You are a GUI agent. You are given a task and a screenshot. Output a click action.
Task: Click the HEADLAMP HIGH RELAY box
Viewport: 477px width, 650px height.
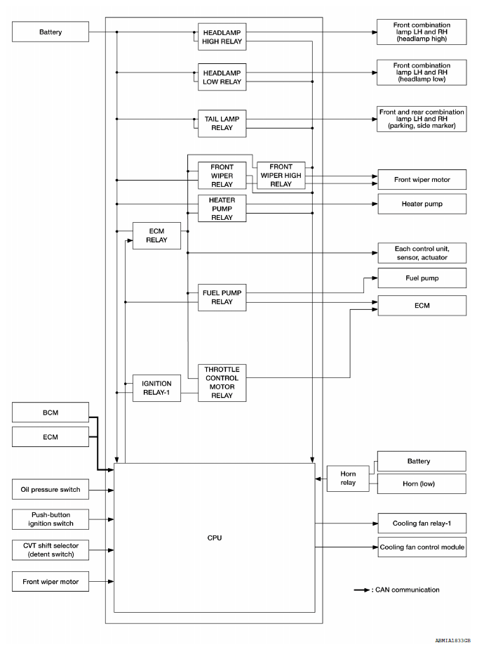click(x=222, y=37)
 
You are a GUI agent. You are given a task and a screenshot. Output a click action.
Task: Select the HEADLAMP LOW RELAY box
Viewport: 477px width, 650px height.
click(x=222, y=77)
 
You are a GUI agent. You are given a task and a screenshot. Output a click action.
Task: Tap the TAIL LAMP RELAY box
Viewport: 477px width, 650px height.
click(x=222, y=124)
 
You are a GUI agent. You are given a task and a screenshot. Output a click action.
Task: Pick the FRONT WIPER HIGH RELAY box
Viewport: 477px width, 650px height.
click(x=281, y=176)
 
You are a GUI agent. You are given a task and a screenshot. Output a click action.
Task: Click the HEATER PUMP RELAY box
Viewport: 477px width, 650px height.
click(x=222, y=209)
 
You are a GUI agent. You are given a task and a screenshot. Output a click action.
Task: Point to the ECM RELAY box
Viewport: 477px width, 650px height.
click(x=156, y=235)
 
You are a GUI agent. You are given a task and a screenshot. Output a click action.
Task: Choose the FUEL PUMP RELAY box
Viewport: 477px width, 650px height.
click(x=222, y=297)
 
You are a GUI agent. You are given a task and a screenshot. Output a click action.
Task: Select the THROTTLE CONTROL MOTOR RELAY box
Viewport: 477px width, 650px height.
click(x=222, y=382)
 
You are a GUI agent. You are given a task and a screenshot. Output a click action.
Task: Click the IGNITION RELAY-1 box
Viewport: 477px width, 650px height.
click(x=156, y=388)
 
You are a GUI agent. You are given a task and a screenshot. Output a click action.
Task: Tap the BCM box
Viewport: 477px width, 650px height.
click(x=50, y=412)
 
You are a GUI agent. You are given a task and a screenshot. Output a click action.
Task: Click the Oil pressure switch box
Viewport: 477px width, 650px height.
click(x=50, y=490)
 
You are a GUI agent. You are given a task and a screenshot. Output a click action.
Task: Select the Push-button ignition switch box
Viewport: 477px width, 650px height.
click(x=50, y=519)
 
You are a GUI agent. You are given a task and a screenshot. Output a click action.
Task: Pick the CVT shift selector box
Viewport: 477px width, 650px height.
click(x=50, y=550)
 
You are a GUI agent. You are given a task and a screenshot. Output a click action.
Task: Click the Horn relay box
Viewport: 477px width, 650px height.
click(x=348, y=479)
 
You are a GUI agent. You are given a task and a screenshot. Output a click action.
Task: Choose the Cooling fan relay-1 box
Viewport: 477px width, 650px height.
click(x=422, y=523)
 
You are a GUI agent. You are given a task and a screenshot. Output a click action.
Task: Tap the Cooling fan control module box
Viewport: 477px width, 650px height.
click(x=422, y=547)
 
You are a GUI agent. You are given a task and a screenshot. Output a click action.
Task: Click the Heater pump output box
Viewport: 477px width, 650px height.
click(x=422, y=204)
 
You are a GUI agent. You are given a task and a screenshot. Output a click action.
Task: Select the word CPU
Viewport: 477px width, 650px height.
click(x=214, y=538)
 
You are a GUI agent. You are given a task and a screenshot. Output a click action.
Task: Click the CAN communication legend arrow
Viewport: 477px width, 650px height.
click(x=361, y=590)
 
